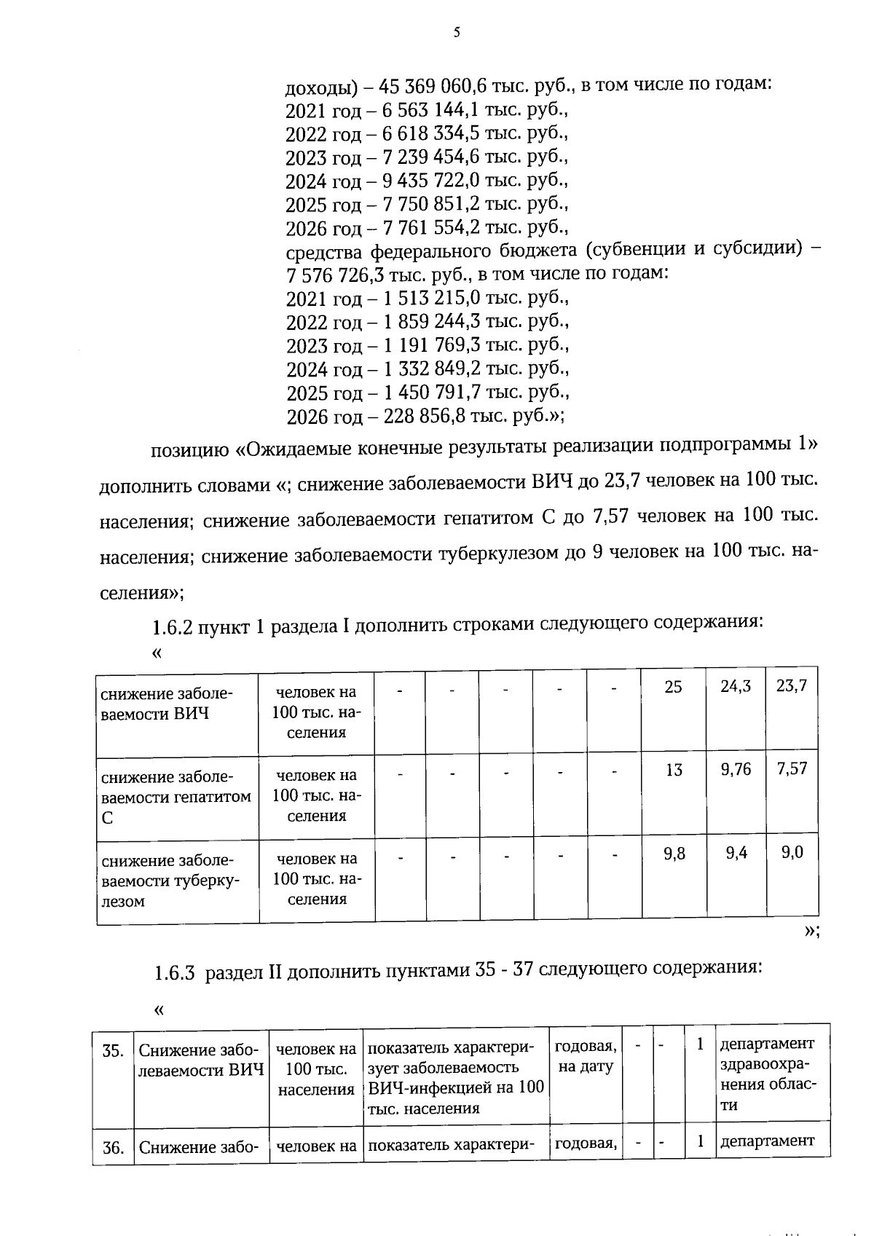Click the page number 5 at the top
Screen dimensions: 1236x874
coord(457,32)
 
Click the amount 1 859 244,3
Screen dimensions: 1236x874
coord(431,321)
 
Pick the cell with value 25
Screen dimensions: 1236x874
coord(673,686)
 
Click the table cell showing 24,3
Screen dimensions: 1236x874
coord(736,686)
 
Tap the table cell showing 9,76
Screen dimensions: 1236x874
coord(736,769)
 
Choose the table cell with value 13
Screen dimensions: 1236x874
coord(673,770)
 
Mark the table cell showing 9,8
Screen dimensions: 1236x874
coord(674,853)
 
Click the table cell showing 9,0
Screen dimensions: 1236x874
coord(792,852)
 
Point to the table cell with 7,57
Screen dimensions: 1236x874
coord(792,769)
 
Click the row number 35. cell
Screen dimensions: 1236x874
coord(112,1051)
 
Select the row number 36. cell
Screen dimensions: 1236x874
coord(112,1148)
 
